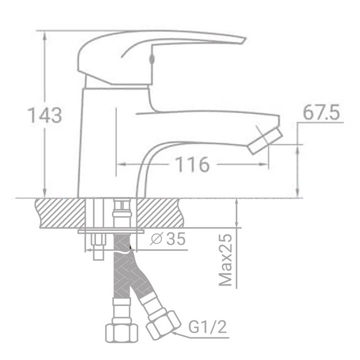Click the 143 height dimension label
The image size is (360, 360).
coord(46,115)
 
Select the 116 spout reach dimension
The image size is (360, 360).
coord(192,164)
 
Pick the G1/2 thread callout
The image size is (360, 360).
coord(208,328)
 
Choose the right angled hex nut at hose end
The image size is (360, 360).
coord(162,324)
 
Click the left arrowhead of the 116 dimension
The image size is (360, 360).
coord(119,164)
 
